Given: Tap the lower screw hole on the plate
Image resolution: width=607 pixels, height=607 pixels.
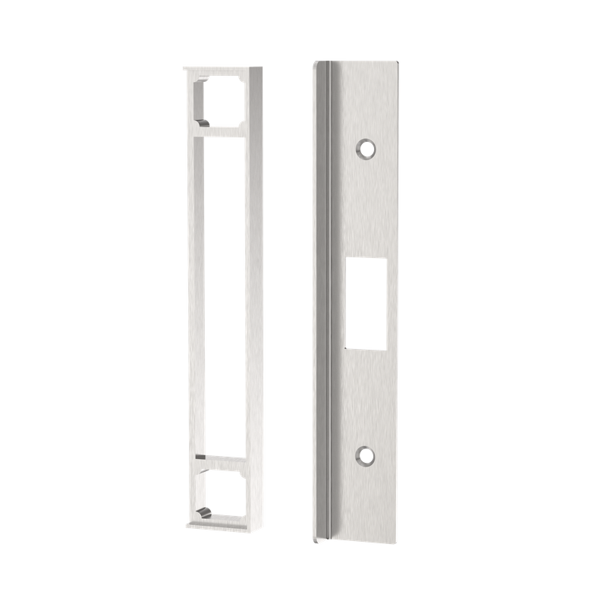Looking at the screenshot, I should pos(367,456).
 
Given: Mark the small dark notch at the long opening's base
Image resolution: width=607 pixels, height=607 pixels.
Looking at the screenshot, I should pos(199,457).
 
